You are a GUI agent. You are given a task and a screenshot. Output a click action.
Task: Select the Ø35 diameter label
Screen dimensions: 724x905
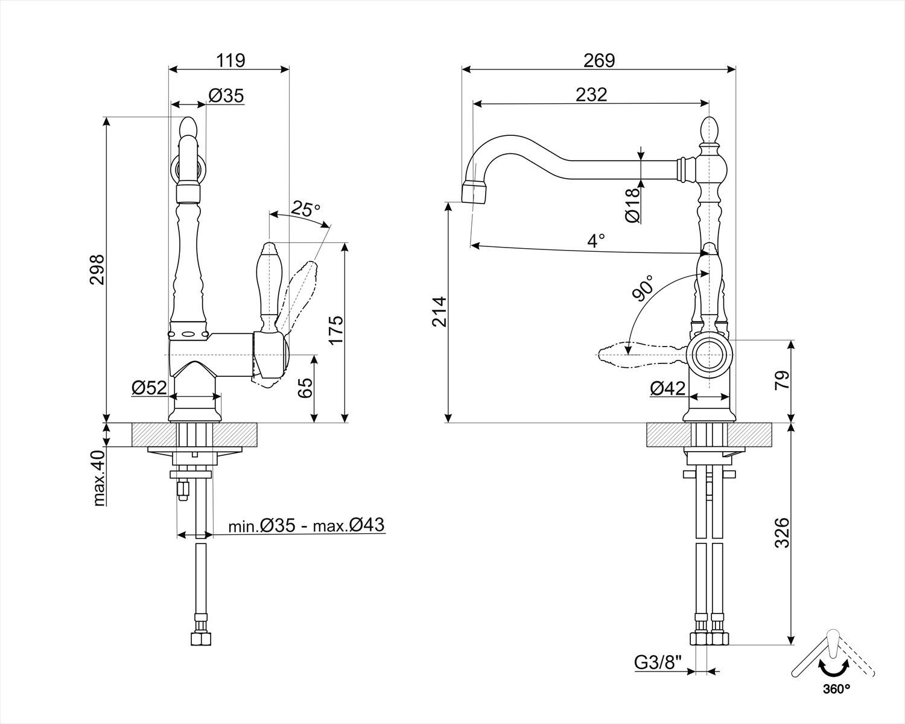click(x=226, y=95)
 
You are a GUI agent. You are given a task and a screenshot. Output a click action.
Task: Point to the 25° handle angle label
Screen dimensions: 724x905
click(x=305, y=209)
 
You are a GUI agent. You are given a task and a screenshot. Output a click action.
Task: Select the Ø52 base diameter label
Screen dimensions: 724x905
click(x=148, y=388)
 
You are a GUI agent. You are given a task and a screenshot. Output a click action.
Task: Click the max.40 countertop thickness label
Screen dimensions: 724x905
click(x=100, y=478)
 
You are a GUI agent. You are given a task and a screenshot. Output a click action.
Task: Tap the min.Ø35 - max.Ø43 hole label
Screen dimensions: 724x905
click(x=306, y=525)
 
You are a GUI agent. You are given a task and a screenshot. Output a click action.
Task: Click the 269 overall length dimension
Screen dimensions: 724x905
click(x=599, y=60)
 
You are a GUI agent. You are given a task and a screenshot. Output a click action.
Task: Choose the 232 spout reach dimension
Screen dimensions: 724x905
click(x=591, y=94)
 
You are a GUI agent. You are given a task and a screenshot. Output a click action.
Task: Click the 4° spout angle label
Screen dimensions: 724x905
click(x=596, y=240)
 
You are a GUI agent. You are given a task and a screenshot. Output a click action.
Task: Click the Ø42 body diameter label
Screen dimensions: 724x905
click(x=668, y=388)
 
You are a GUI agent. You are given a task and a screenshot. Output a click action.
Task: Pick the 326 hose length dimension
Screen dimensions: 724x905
click(x=781, y=532)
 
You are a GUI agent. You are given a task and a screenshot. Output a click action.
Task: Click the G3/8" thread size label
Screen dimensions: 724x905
click(x=658, y=663)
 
